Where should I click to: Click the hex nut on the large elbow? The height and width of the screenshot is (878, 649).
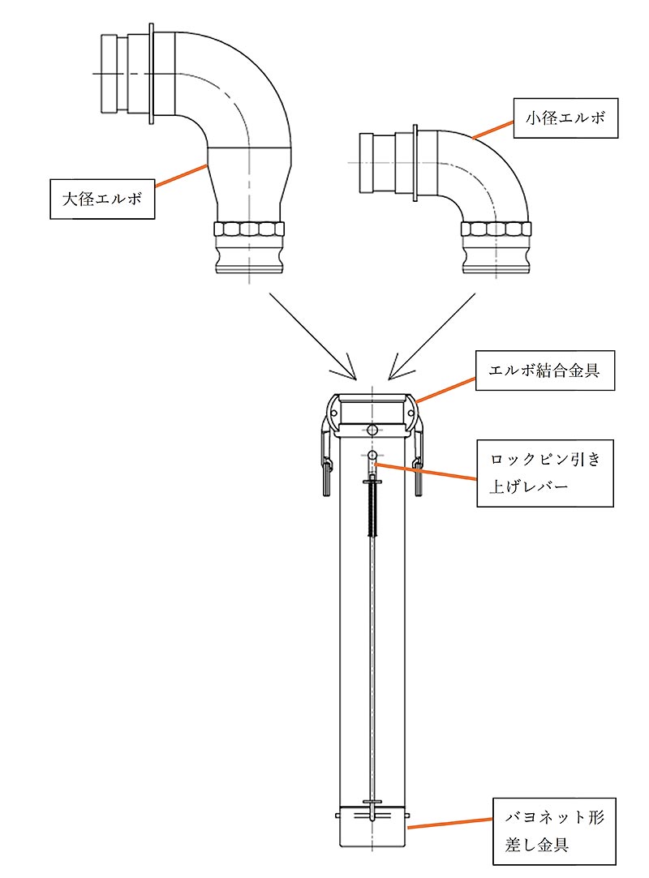pos(250,229)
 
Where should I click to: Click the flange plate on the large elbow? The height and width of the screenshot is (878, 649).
pos(151,75)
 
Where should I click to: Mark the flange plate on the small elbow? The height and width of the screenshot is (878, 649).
pos(415,162)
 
